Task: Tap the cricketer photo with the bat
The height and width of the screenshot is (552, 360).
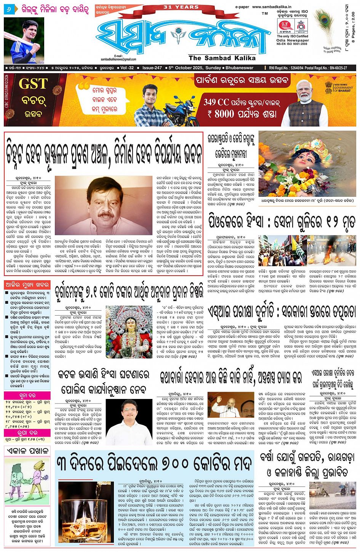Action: click(x=24, y=40)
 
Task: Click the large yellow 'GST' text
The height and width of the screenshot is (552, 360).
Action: click(x=33, y=83)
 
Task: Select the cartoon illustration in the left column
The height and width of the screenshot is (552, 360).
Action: click(x=27, y=481)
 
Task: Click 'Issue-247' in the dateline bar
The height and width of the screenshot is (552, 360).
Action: click(x=152, y=68)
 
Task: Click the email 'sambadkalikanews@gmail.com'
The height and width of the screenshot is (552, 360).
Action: click(x=118, y=59)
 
